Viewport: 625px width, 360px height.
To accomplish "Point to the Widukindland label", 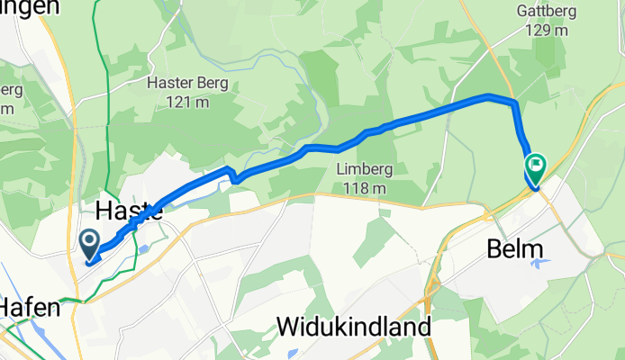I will click(x=354, y=326).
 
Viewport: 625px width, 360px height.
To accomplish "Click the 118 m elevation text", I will click(x=364, y=188).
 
